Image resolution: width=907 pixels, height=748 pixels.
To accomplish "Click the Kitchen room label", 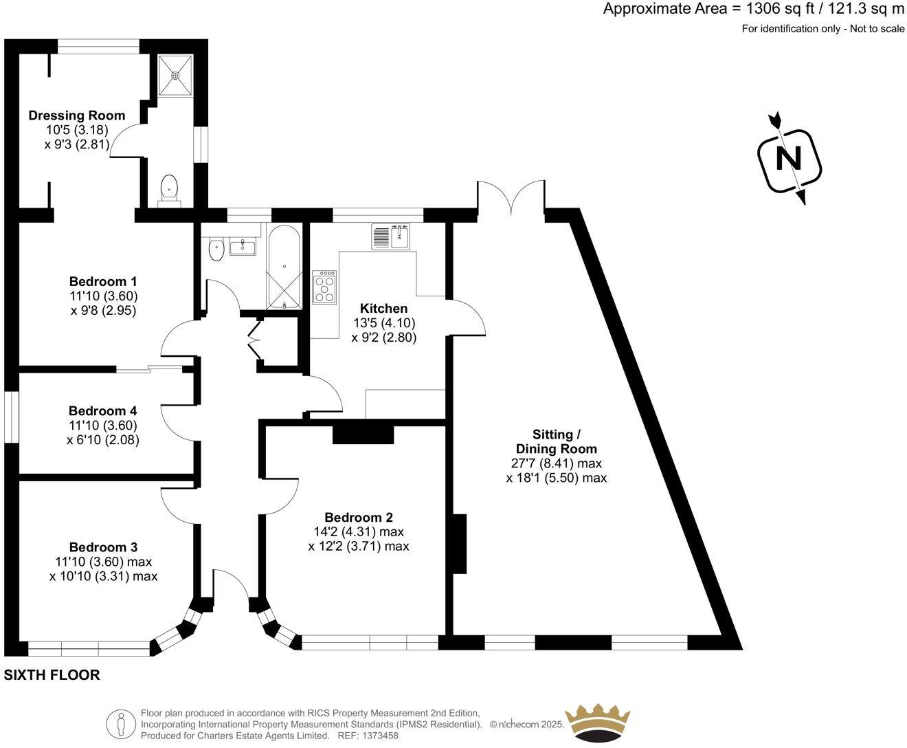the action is click(x=383, y=309).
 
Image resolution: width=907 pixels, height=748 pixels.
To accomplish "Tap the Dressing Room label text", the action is click(x=77, y=115).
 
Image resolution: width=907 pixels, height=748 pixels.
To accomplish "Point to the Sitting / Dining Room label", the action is click(x=557, y=441).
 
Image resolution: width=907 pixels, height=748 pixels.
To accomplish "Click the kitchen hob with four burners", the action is click(x=324, y=287).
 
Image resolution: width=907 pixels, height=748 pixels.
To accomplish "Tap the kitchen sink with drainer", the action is click(x=391, y=236).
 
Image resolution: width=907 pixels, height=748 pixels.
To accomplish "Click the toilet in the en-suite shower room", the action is click(x=169, y=188).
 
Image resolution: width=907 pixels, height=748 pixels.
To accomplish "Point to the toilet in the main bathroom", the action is click(x=216, y=250).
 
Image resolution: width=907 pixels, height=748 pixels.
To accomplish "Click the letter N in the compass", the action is click(x=789, y=159).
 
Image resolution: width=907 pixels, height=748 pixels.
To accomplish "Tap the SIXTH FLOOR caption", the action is click(x=52, y=675).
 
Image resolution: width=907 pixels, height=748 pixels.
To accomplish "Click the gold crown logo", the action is click(x=596, y=722).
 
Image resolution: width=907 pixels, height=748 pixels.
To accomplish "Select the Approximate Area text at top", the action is click(x=754, y=9).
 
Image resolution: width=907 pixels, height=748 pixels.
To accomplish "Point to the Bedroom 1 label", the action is click(x=103, y=281).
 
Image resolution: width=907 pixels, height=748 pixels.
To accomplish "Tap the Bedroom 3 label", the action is click(x=103, y=547).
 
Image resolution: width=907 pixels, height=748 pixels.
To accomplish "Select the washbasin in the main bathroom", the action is click(x=242, y=246).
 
